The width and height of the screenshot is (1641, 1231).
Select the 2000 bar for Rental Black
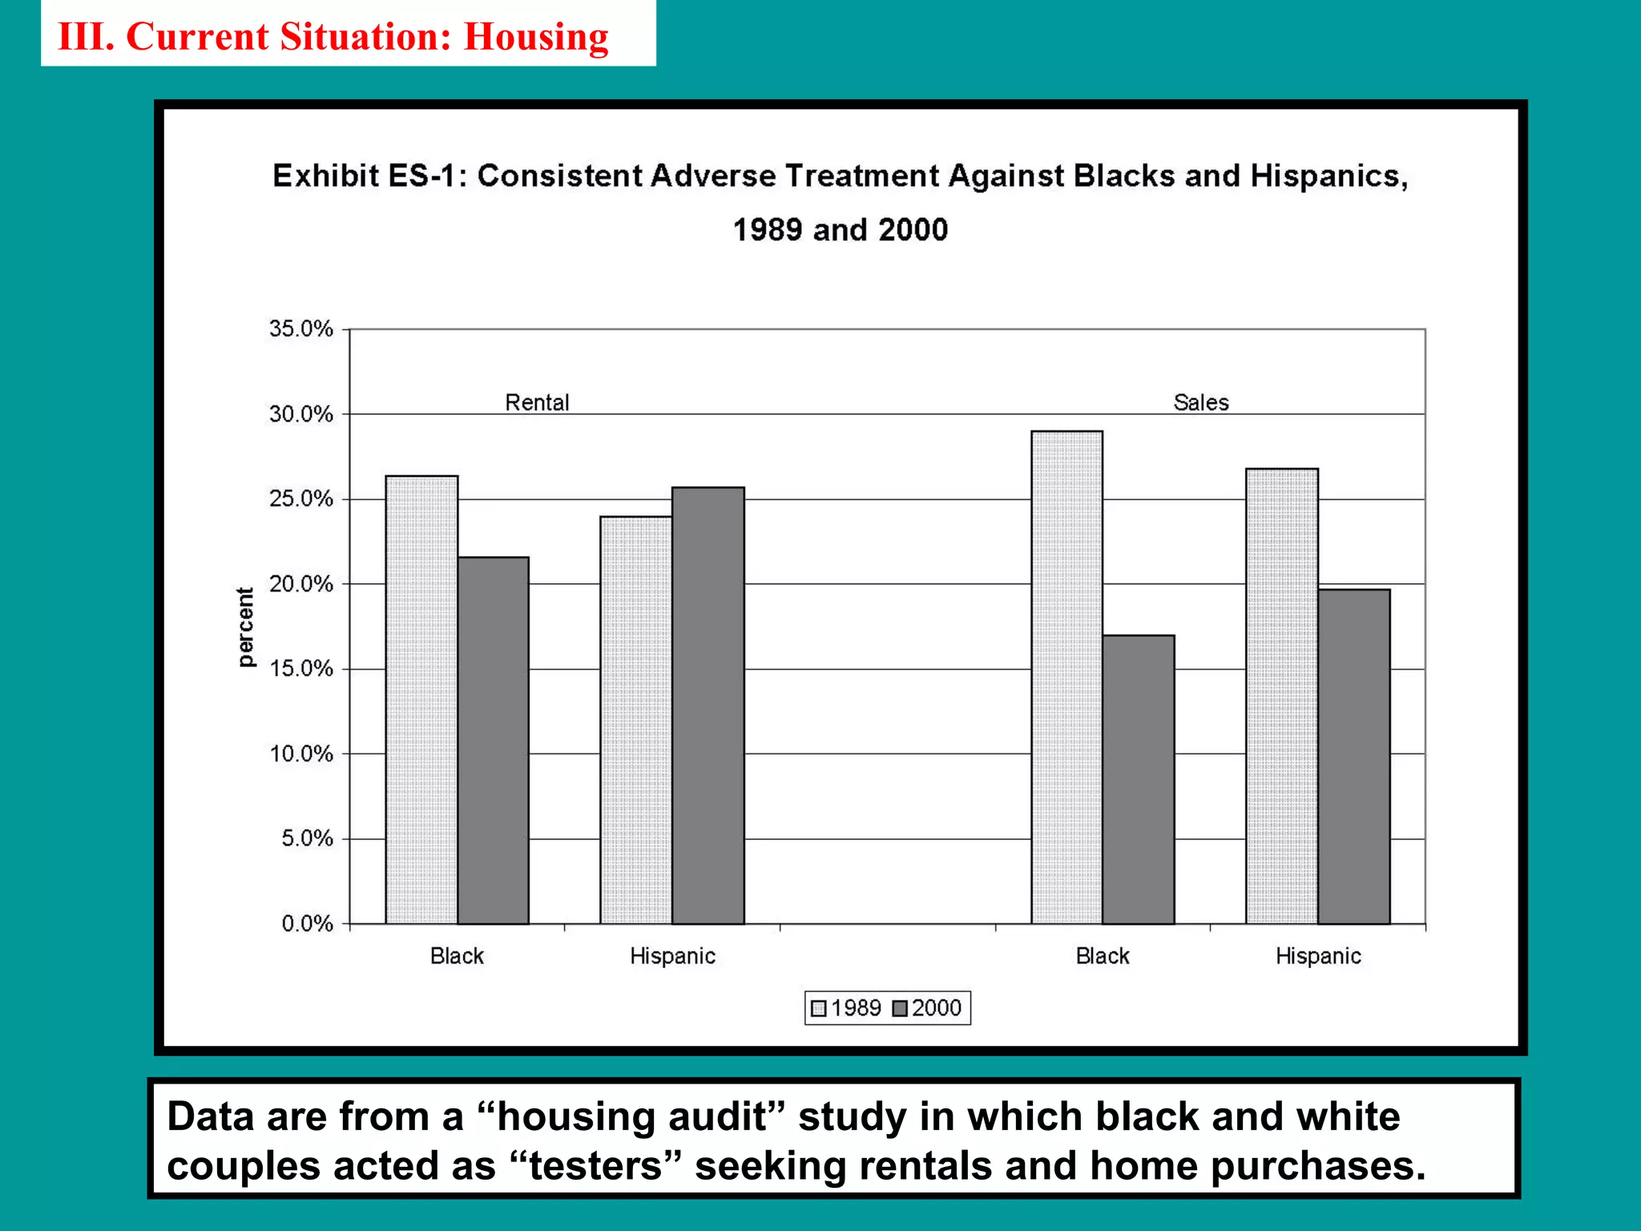(493, 741)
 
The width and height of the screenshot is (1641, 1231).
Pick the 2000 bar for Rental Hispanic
(708, 705)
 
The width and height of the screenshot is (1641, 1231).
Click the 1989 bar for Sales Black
(1066, 677)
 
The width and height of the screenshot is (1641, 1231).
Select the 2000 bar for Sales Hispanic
(1354, 757)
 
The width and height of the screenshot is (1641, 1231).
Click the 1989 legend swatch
(818, 1008)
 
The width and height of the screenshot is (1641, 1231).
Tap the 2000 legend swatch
(900, 1008)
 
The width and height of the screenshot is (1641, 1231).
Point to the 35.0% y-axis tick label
(300, 329)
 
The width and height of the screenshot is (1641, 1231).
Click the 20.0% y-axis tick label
(300, 584)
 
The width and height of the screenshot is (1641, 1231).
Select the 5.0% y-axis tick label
(306, 839)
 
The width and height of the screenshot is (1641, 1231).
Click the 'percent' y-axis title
(245, 627)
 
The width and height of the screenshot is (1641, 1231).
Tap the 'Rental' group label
(537, 402)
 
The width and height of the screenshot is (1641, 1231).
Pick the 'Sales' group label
(1201, 402)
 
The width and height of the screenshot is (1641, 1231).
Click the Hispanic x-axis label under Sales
(1318, 956)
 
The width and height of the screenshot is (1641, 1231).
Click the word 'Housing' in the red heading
(536, 37)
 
